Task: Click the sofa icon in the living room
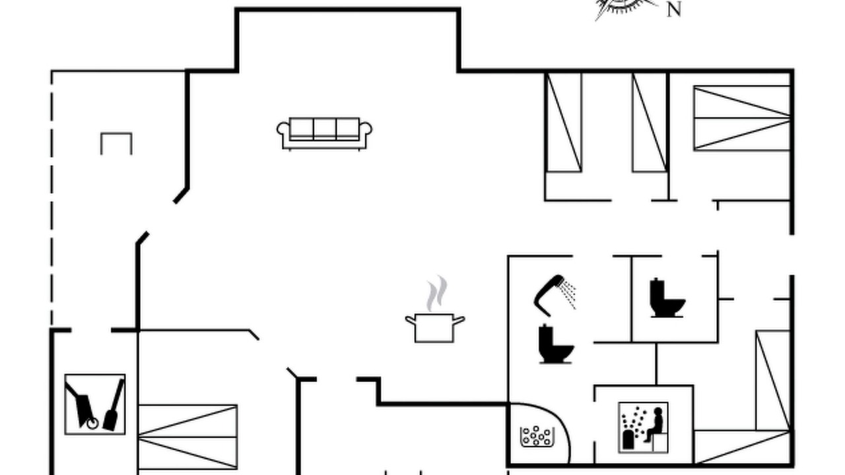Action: [324, 134]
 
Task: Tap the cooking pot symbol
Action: [434, 327]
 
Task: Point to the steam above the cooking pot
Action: [437, 294]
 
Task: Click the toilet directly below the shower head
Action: [556, 344]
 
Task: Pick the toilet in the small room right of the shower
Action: [667, 298]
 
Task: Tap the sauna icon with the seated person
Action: [644, 427]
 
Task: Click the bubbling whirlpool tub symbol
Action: [537, 436]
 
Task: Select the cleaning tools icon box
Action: [95, 404]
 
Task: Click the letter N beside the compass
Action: [674, 10]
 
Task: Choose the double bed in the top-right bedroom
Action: [742, 118]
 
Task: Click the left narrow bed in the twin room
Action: [564, 122]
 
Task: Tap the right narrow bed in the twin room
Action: [650, 122]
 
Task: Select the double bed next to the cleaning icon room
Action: [188, 437]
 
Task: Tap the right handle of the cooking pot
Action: [459, 321]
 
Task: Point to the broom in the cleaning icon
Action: [114, 406]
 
